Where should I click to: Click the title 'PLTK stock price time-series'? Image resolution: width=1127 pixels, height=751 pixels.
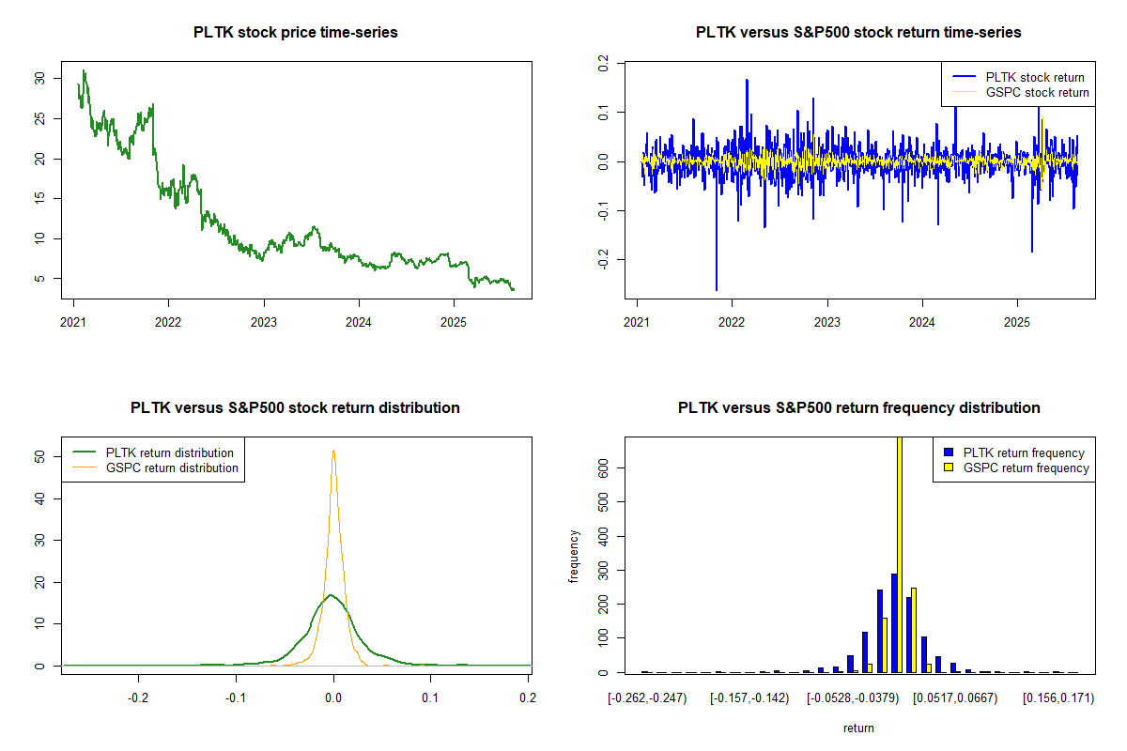296,33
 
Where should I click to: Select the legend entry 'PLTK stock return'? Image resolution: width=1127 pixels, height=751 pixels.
1033,77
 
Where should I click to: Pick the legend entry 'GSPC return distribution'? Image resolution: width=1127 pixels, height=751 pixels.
172,467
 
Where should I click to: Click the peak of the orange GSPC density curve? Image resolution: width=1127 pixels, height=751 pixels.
332,451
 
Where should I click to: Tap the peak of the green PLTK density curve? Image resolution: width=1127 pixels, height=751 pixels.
330,595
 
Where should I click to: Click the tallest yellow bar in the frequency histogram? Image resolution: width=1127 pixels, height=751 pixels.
899,554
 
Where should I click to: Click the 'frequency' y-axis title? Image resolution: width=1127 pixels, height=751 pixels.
574,556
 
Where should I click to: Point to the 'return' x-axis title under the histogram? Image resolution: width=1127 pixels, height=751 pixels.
858,728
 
